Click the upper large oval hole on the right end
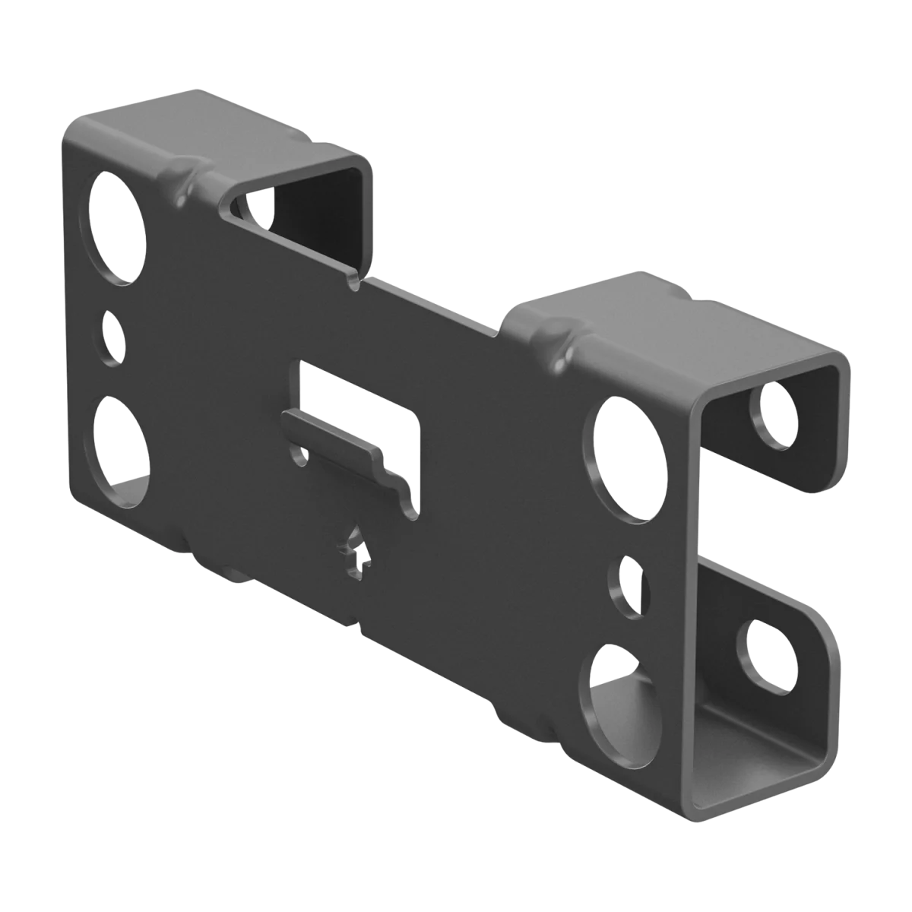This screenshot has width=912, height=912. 628,459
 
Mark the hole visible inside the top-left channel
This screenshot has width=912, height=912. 255,210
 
